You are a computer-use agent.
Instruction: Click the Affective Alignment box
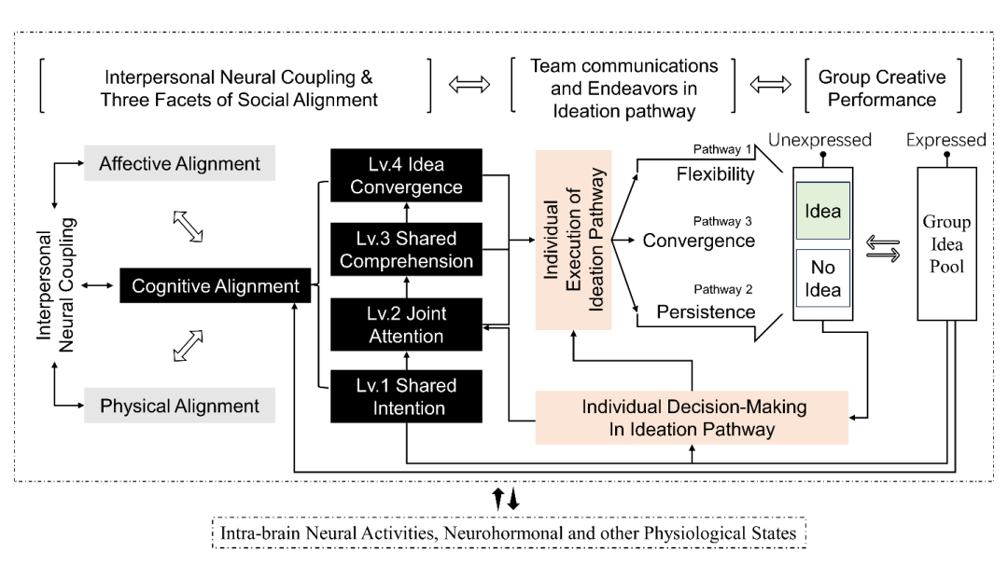tap(179, 164)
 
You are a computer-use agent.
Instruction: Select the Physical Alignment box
tap(179, 407)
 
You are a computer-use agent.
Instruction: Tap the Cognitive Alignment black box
tap(215, 286)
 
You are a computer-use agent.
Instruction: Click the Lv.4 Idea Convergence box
tap(406, 175)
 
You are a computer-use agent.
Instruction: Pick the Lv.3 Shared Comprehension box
tap(406, 249)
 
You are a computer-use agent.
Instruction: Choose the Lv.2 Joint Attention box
tap(406, 324)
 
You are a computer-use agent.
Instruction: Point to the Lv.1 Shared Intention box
tap(406, 397)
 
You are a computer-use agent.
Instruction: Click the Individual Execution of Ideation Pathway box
tap(573, 240)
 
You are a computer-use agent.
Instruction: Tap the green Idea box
tap(822, 213)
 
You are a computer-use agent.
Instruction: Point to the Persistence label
tap(706, 312)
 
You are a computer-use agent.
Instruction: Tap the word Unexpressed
tap(819, 140)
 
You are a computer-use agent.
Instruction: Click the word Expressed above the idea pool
tap(945, 140)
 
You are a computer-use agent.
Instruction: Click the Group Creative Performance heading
tap(882, 88)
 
